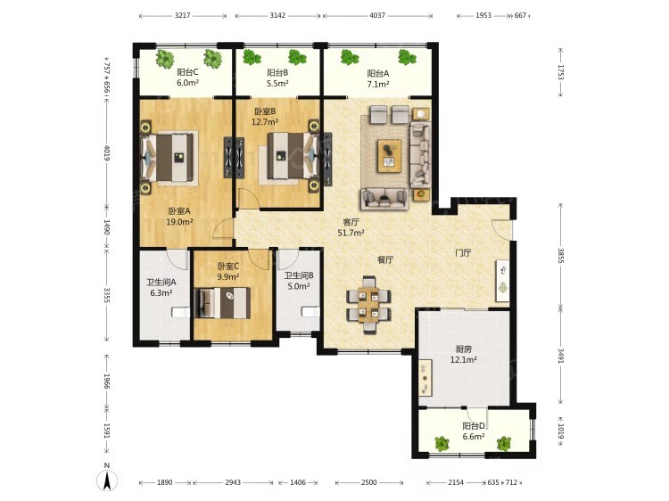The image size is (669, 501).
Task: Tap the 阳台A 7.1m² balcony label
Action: (378, 78)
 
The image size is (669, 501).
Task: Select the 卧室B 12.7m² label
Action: (265, 117)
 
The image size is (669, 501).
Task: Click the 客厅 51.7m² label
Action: (351, 227)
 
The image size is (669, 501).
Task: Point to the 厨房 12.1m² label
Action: (463, 354)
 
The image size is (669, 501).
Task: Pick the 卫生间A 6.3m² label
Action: (161, 287)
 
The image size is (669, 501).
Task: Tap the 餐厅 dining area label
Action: (385, 259)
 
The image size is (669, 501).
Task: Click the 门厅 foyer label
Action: (463, 253)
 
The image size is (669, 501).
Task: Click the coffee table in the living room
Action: (389, 156)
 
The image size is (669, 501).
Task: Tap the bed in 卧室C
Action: (222, 303)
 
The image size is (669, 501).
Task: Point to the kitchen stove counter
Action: (425, 377)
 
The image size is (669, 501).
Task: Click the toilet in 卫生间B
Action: (310, 312)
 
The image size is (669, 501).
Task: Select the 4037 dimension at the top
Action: (377, 15)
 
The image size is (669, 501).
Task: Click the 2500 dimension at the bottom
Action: (368, 482)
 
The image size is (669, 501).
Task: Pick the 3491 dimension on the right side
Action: (561, 356)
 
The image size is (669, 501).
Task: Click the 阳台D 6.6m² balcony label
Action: (474, 431)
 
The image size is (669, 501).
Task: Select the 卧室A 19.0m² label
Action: (179, 216)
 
